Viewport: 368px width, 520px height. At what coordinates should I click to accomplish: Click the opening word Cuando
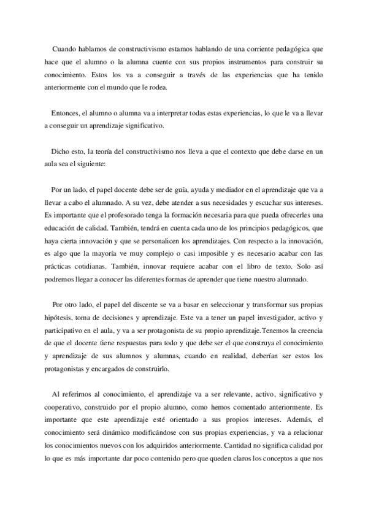66,47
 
